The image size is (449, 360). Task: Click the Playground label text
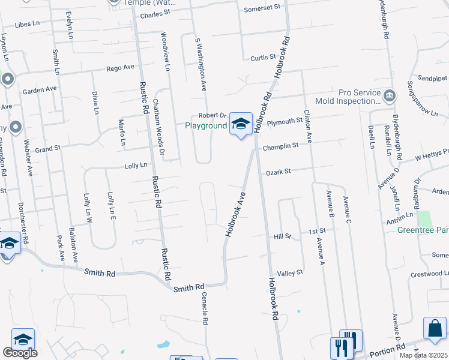[205, 125]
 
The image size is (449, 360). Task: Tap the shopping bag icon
[435, 329]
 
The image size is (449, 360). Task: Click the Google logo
[19, 353]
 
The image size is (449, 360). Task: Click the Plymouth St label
[285, 121]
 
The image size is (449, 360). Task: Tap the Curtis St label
[263, 58]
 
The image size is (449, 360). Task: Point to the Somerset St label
[263, 8]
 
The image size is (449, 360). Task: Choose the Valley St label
[290, 273]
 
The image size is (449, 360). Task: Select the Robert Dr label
[212, 115]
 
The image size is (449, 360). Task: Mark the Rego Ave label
[121, 68]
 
